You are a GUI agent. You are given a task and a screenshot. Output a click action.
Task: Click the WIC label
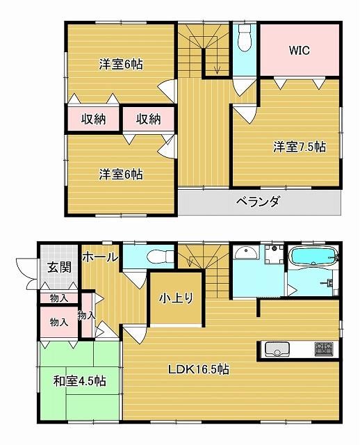pos(300,51)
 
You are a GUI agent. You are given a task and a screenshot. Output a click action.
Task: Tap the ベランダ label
pos(258,202)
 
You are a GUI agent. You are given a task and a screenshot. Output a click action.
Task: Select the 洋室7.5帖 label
pos(300,147)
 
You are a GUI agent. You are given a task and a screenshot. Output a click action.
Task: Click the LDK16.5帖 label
pos(199,369)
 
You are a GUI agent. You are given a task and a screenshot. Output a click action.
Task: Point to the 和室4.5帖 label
pos(80,381)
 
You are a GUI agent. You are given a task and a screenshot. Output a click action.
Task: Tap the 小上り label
pos(176,298)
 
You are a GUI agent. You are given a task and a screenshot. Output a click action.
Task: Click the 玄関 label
pos(59,267)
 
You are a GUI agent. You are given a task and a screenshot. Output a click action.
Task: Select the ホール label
pos(100,257)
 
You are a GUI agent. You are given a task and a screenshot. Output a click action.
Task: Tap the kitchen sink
pos(277,349)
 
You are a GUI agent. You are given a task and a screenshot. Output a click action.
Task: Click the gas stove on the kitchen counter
pos(323,349)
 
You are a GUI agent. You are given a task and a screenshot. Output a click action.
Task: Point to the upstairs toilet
pos(244,37)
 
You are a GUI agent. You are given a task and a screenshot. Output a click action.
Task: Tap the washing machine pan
pos(274,254)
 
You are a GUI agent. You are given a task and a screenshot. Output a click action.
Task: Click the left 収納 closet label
pos(94,119)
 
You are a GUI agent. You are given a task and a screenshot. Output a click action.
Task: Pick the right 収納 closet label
pos(148,119)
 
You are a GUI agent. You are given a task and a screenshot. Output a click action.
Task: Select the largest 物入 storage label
pos(58,322)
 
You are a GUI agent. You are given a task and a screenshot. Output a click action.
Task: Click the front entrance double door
pos(27,273)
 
